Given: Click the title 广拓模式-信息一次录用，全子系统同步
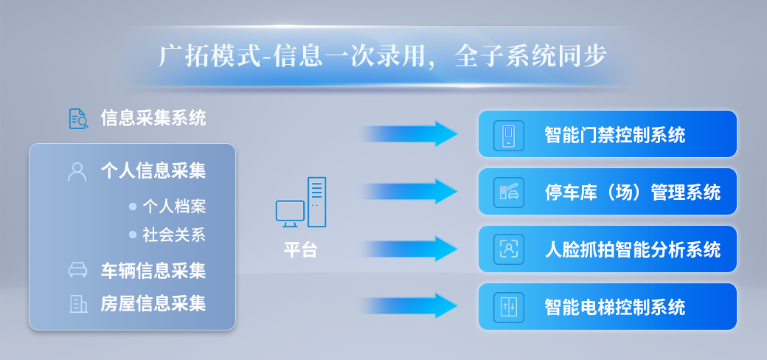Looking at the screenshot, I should [x=383, y=57].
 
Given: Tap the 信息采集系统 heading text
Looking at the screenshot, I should [x=153, y=118].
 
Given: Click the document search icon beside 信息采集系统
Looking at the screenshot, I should [x=79, y=118].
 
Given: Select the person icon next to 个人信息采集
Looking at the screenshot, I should [x=77, y=172].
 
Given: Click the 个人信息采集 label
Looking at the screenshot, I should [x=153, y=172].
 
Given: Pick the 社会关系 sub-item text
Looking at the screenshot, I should [x=174, y=235].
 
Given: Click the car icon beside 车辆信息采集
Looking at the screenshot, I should [x=77, y=270].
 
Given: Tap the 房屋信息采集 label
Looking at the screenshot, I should [x=153, y=303].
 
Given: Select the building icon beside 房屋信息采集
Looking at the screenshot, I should [x=77, y=303].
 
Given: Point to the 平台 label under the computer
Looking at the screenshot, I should [x=300, y=249].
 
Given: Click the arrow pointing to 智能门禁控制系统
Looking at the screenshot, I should [x=409, y=134].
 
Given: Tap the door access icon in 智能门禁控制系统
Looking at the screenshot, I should [x=509, y=135].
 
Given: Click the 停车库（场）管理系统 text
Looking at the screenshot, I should [x=633, y=193].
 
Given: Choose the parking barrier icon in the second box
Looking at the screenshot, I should [x=509, y=192].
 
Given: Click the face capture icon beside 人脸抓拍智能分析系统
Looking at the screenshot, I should [x=509, y=249].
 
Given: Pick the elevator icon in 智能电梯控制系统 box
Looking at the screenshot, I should [x=509, y=306].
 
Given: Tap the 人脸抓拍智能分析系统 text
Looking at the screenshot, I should [x=633, y=249].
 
